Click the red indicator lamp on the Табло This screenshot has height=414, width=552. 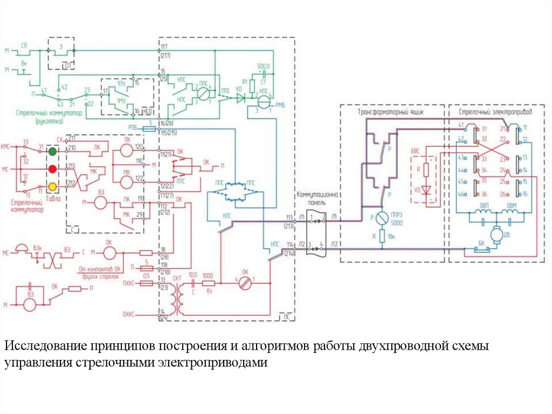click(52, 169)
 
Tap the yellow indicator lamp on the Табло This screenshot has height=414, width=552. click(52, 186)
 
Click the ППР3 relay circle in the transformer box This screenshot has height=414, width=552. click(382, 219)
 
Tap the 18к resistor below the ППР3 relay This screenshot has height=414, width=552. click(382, 236)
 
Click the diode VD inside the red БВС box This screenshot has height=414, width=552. click(426, 190)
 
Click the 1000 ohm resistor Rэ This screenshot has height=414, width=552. click(209, 282)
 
